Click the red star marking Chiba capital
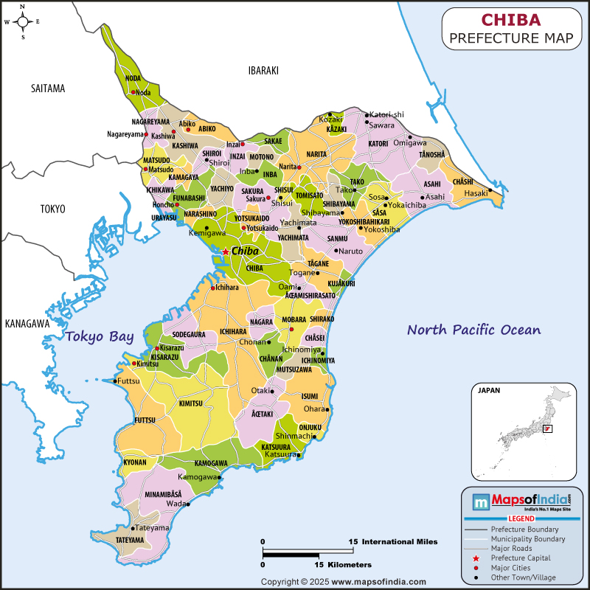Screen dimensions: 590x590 tap(225, 251)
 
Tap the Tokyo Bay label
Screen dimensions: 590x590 tap(100, 337)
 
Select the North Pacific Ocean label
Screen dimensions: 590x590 tap(474, 330)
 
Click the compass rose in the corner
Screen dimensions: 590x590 tap(23, 22)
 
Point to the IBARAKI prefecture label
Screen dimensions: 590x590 tap(263, 70)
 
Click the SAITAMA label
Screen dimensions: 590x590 tap(48, 88)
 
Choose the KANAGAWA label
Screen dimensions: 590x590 tap(27, 323)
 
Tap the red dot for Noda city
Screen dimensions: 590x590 tap(133, 92)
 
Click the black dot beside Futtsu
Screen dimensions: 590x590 tap(115, 381)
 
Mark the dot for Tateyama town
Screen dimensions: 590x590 tap(133, 528)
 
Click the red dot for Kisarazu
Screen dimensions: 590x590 tap(157, 347)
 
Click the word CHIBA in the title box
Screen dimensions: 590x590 tap(511, 20)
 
